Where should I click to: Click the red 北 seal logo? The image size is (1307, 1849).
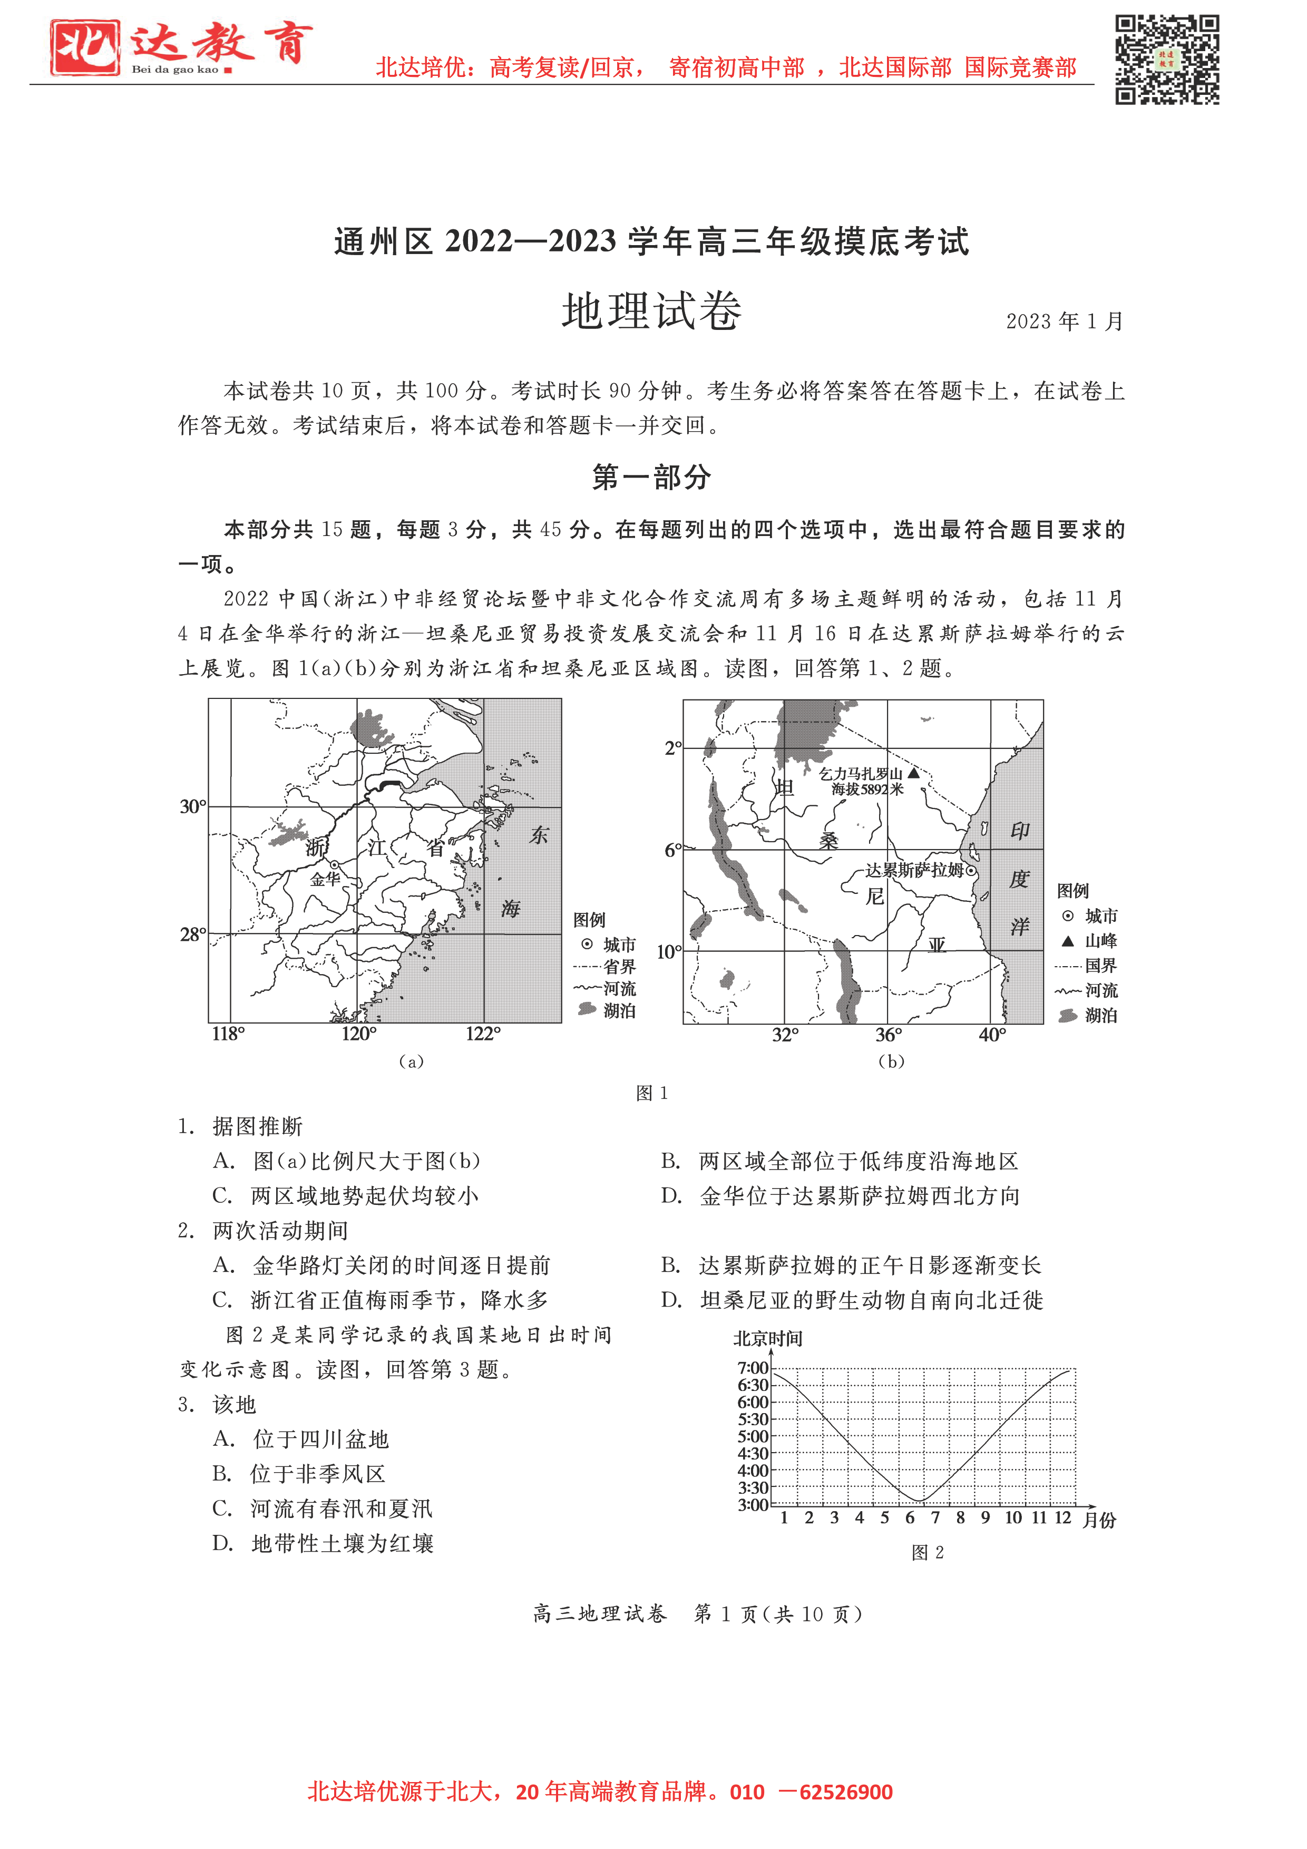84,47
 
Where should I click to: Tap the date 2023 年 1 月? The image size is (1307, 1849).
1064,322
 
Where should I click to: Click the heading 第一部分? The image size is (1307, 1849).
651,477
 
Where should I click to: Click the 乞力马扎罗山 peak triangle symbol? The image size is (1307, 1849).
913,773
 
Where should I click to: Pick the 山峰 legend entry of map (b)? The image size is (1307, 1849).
1090,941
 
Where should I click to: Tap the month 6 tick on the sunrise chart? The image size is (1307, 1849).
910,1518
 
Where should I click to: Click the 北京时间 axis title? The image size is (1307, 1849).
767,1338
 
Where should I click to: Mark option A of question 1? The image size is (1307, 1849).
346,1161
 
